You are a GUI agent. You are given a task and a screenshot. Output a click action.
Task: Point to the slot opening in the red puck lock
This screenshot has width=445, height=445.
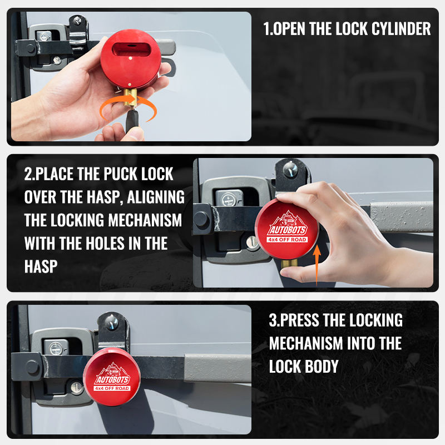point(131,50)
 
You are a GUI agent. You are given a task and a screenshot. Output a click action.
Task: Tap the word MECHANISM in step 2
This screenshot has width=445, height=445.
point(145,220)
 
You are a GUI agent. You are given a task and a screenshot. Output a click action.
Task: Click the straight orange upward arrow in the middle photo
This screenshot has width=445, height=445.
point(317,265)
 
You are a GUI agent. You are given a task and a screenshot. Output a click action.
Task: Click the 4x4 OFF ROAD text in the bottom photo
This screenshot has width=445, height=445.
point(112,388)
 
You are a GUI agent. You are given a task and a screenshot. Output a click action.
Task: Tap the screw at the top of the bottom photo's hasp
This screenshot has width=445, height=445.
point(112,323)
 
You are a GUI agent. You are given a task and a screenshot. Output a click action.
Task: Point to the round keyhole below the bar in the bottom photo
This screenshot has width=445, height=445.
point(76,388)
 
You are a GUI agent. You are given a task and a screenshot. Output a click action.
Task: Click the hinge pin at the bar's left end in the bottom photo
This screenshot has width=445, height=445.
point(32,367)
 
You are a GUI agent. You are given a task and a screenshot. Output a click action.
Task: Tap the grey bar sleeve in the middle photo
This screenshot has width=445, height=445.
point(402,217)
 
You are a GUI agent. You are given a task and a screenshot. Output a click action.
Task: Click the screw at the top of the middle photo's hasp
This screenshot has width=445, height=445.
point(290,170)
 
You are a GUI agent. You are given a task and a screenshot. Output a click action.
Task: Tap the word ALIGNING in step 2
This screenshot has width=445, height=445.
point(156,197)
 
